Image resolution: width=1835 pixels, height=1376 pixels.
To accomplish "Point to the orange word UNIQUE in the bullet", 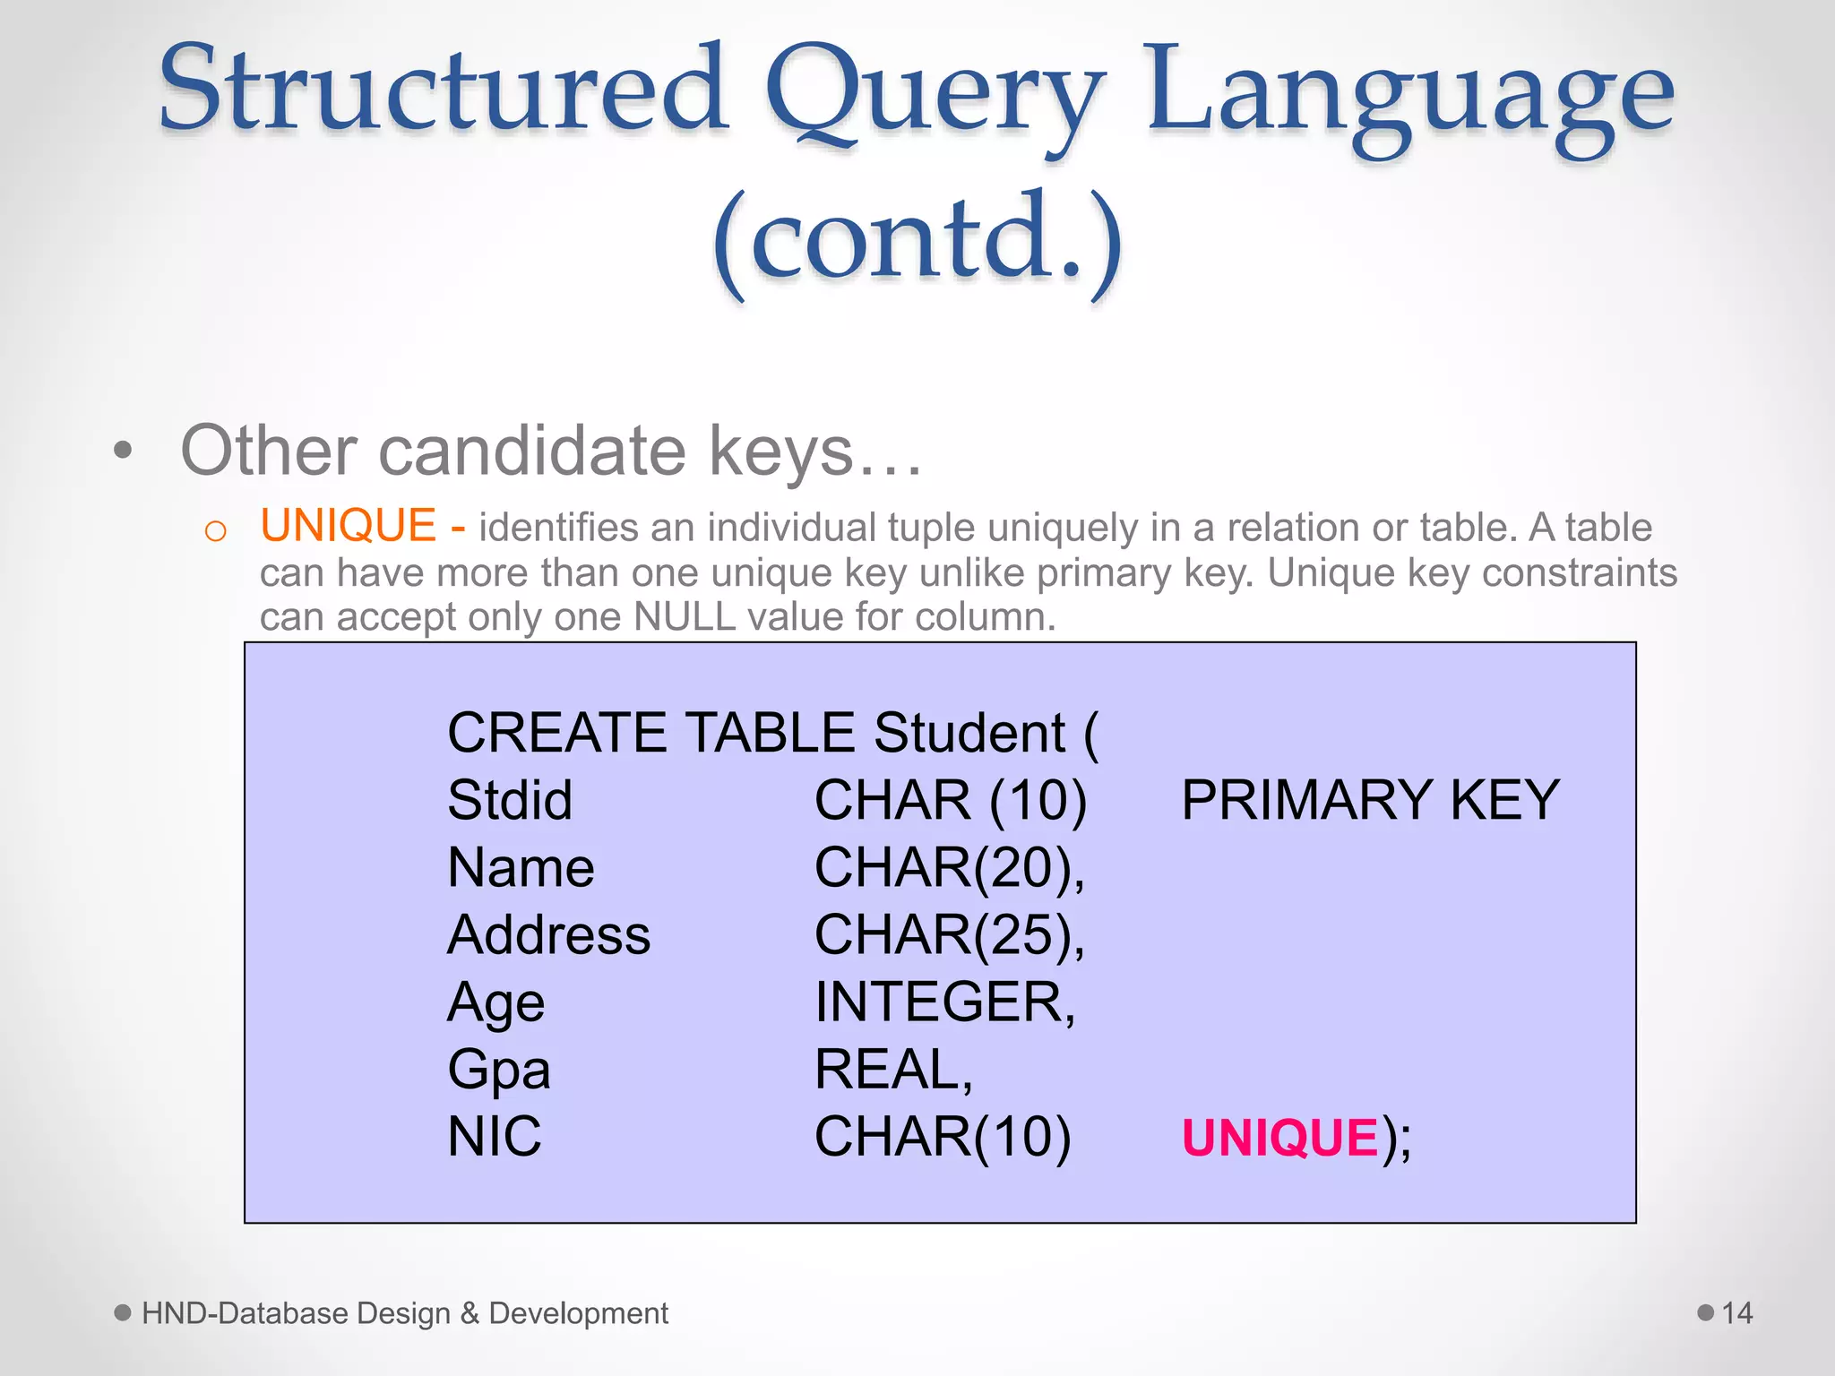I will [x=348, y=526].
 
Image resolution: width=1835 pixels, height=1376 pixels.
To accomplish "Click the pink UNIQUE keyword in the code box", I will [x=1279, y=1138].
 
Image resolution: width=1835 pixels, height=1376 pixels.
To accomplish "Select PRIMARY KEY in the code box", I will [x=1370, y=800].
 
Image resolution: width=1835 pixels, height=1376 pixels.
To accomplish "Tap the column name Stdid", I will [x=509, y=800].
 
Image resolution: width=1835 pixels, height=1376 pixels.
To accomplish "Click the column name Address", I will [x=548, y=935].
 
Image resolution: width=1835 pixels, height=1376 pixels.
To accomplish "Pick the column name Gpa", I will [x=498, y=1070].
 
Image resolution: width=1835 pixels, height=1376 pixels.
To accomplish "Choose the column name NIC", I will [x=494, y=1137].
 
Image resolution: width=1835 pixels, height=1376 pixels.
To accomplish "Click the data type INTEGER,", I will [x=944, y=1002].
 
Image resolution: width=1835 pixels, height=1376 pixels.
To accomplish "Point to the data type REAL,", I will [x=892, y=1070].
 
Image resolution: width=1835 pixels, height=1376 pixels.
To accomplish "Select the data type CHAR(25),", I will [x=949, y=935].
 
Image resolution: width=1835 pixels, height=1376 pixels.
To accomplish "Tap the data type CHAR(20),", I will [x=949, y=868].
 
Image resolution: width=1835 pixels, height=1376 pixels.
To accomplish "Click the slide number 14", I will [x=1736, y=1313].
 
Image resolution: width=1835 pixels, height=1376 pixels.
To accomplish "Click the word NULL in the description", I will [x=685, y=617].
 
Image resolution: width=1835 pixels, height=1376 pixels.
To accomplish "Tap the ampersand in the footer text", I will [x=470, y=1313].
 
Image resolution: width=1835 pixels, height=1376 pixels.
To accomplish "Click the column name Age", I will [x=495, y=1002].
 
